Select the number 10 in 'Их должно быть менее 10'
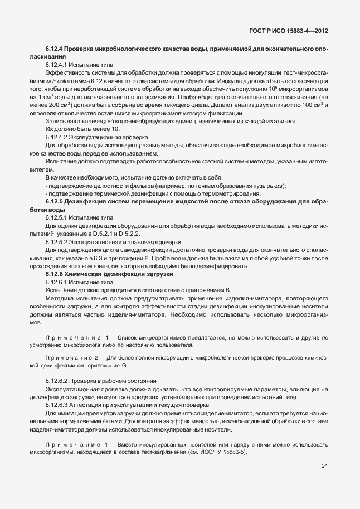coord(116,129)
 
